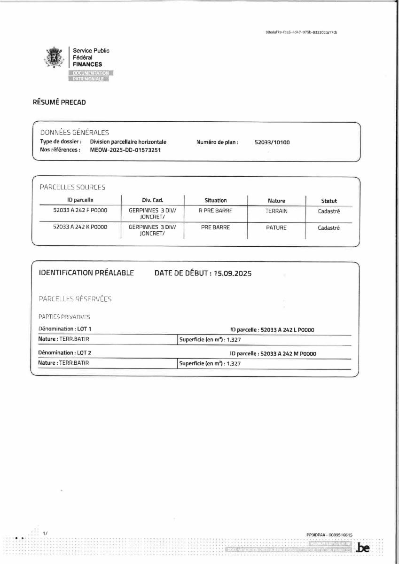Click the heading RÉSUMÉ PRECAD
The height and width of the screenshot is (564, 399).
59,102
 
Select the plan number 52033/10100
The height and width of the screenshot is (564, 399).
272,142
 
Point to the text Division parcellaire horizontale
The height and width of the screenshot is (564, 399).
128,142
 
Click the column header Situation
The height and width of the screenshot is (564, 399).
215,200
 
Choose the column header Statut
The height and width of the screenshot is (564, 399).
329,201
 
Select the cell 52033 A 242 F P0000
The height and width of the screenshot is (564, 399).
80,211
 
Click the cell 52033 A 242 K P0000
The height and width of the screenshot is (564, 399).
80,227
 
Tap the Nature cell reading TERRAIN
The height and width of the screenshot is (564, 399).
276,211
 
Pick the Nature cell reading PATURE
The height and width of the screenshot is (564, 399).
276,227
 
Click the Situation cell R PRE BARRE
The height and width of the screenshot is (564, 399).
216,211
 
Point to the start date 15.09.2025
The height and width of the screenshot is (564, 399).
232,273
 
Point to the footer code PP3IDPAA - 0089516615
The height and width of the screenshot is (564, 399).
329,535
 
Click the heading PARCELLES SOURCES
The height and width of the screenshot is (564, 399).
72,187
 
